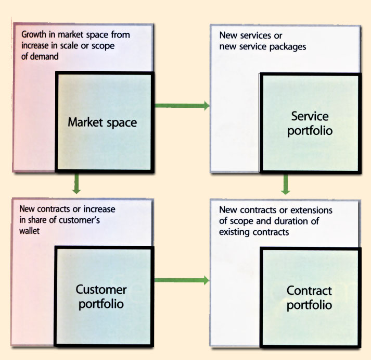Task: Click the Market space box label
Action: (x=102, y=123)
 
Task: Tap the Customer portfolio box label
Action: (x=101, y=296)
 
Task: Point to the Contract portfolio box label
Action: (x=309, y=297)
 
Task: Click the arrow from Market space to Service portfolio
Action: (x=182, y=106)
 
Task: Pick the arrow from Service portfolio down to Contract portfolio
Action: (x=285, y=184)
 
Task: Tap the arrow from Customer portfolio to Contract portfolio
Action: (x=182, y=281)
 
